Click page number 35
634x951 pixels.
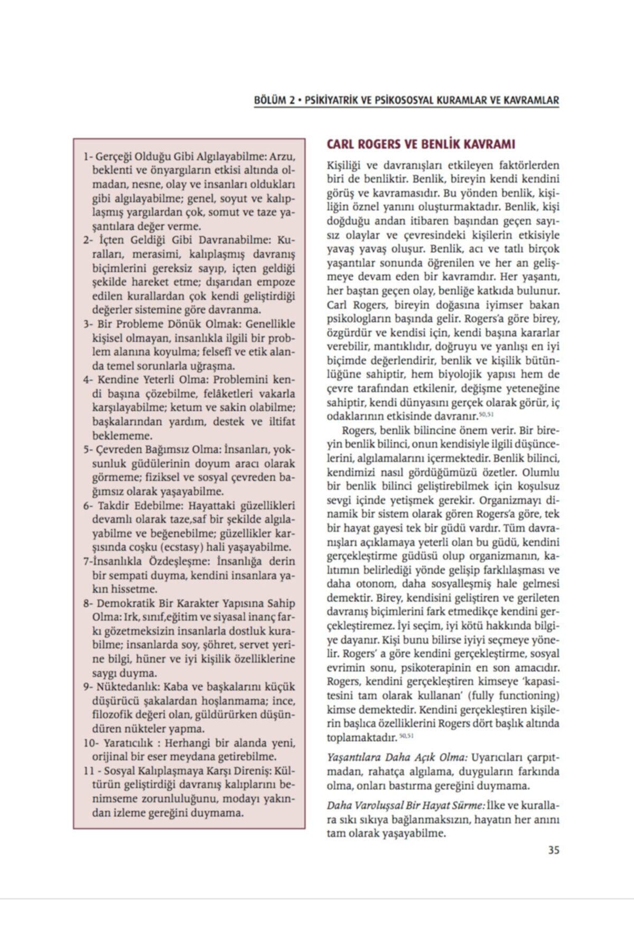click(x=553, y=851)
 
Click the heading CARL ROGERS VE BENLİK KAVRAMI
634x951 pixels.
click(x=421, y=144)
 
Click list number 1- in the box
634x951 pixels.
click(x=88, y=157)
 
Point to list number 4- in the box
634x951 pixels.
click(x=88, y=380)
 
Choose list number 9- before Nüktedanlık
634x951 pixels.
click(x=88, y=687)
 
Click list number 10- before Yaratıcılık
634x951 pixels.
click(x=90, y=743)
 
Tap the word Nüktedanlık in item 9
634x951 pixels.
click(x=128, y=687)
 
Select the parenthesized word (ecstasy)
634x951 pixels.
click(x=182, y=547)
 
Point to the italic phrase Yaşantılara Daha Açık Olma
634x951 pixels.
click(x=397, y=758)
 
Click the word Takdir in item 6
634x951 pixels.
click(x=112, y=505)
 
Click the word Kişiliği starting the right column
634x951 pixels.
click(x=344, y=165)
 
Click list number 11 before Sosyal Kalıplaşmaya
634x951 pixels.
click(x=88, y=771)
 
